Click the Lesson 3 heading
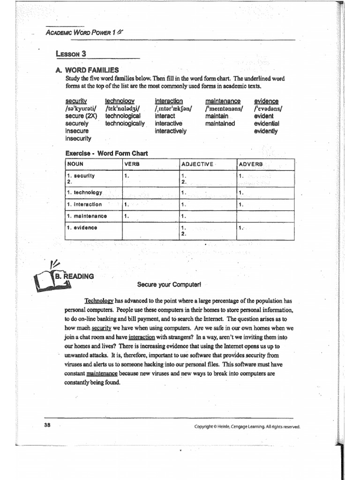coord(71,53)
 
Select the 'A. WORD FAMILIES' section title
coord(89,70)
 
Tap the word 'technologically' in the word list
coord(125,124)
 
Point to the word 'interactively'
coord(171,131)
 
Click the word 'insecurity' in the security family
coord(79,139)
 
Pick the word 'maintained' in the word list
coord(220,124)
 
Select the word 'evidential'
coord(266,124)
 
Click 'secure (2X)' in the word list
coord(82,116)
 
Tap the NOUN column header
coord(75,164)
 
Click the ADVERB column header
coord(252,164)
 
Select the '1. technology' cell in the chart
coord(85,193)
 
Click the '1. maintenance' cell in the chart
coord(87,216)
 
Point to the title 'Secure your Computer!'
coord(162,284)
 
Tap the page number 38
coord(47,425)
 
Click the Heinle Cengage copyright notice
coord(247,427)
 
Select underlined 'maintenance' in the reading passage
coord(102,374)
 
